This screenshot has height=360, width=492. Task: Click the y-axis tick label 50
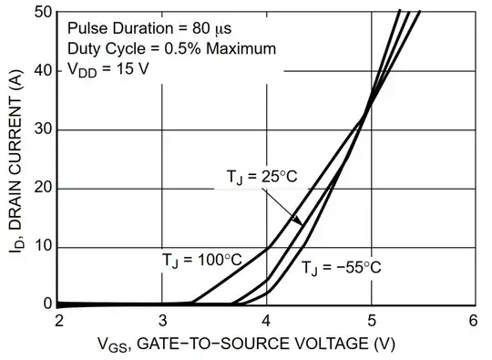click(40, 13)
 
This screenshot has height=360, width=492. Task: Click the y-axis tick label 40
click(40, 71)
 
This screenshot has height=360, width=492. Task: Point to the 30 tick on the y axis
click(40, 129)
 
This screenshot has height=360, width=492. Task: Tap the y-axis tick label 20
click(40, 188)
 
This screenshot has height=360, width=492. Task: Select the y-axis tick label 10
click(40, 246)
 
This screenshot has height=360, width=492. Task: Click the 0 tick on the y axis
click(45, 303)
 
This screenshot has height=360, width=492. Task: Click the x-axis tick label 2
click(59, 321)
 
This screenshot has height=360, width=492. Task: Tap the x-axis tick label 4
click(266, 321)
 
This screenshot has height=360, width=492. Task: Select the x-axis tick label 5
click(370, 321)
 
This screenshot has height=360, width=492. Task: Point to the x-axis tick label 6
click(473, 321)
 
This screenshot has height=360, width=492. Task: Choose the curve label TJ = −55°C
click(343, 267)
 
